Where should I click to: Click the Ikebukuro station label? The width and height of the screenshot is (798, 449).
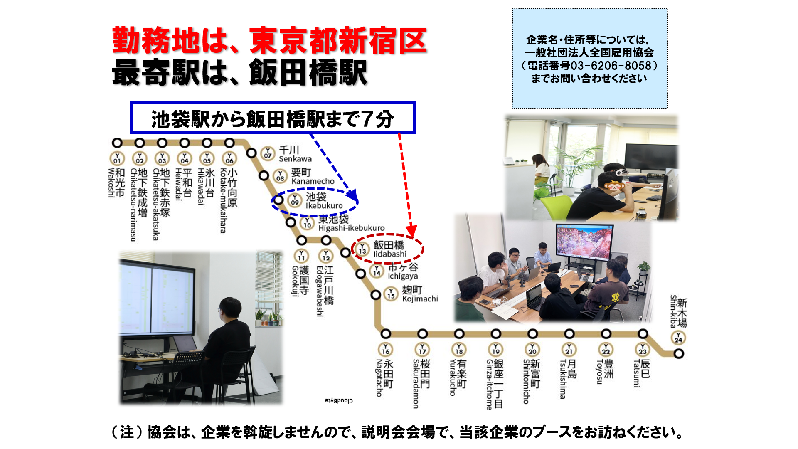(324, 200)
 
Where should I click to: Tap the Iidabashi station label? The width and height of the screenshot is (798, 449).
(389, 249)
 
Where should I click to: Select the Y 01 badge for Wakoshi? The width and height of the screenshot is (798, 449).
(117, 159)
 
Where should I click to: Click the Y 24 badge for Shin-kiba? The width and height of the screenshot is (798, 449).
(678, 338)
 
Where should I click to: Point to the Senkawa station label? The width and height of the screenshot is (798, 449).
(295, 154)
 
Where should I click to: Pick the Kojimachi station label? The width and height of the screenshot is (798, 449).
(419, 294)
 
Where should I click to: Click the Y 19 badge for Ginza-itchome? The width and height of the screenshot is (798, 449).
(496, 349)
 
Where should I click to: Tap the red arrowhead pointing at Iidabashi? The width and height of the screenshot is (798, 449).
(411, 230)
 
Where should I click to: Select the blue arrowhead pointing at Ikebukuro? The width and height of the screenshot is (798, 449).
(352, 195)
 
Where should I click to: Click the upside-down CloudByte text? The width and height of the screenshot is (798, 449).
(339, 400)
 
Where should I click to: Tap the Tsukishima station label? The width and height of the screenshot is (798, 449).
(568, 378)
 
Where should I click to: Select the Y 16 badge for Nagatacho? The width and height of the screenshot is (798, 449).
(386, 349)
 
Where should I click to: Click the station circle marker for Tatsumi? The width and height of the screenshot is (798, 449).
(643, 334)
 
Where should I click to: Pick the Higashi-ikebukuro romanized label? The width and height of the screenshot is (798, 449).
(351, 228)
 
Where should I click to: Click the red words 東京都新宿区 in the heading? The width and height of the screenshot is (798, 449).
(338, 41)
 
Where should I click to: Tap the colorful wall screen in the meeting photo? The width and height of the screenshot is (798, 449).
(584, 245)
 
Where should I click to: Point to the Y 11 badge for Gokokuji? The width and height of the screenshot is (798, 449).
(301, 256)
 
